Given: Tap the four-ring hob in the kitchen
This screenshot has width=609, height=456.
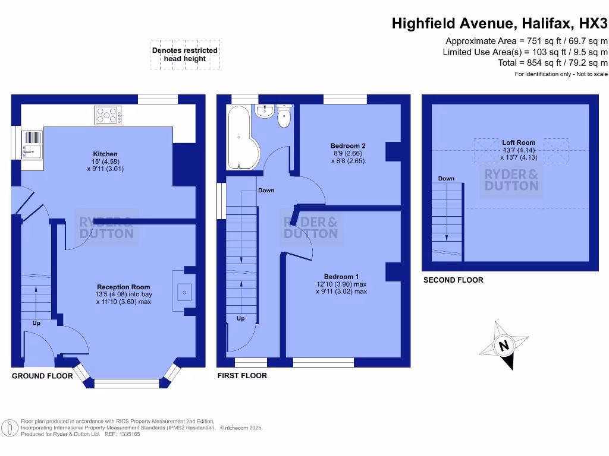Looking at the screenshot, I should [x=108, y=115].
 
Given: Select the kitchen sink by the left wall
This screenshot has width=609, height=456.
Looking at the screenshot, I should [x=31, y=148].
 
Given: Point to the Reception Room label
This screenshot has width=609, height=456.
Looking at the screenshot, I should [x=124, y=287].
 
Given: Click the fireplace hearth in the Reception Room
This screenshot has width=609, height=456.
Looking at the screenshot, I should [x=184, y=291].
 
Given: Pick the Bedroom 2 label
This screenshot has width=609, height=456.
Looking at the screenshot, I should [x=347, y=146].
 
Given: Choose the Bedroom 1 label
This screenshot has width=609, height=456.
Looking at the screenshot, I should [x=341, y=277].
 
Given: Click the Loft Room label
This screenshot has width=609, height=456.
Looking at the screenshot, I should [x=519, y=142].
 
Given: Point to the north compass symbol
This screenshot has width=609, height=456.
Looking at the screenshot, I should [x=504, y=345].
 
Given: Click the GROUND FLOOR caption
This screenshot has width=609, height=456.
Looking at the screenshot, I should [x=43, y=376].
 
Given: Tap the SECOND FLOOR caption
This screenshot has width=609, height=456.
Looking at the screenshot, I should [x=453, y=280].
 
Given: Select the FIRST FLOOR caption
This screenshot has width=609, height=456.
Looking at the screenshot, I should [x=242, y=376].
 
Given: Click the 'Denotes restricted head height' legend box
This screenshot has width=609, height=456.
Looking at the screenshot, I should [x=186, y=55].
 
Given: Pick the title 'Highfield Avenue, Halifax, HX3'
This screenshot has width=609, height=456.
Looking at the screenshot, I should [x=500, y=24].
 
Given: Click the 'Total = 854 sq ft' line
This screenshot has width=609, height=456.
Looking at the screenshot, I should [x=553, y=63].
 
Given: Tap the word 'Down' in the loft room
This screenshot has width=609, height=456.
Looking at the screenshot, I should [x=446, y=179].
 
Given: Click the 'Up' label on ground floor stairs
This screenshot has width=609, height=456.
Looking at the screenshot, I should [x=36, y=323].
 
